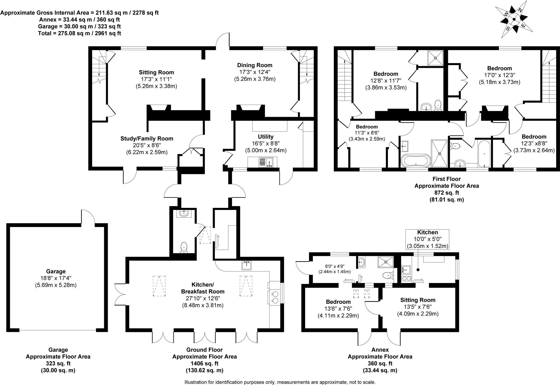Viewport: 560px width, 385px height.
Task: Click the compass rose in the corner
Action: [x=514, y=19]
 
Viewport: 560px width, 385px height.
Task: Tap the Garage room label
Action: [x=56, y=271]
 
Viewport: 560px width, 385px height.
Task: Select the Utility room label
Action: [x=266, y=136]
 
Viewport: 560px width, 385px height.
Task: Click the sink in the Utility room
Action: [x=265, y=162]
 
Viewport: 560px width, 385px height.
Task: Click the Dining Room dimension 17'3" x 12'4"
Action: [x=254, y=72]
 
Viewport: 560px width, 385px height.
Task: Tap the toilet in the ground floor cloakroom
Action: [x=184, y=247]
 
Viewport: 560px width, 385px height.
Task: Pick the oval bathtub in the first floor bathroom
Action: [x=415, y=160]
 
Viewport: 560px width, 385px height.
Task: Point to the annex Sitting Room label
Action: [x=418, y=300]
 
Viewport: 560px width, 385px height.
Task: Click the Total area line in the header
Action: [x=80, y=33]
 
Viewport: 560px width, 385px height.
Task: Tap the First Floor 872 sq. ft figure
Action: [x=446, y=193]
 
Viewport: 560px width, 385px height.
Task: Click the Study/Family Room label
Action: [x=147, y=139]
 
